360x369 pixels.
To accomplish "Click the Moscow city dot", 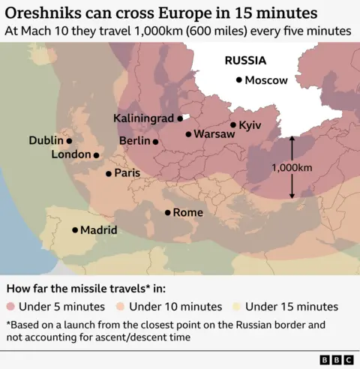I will coord(238,79).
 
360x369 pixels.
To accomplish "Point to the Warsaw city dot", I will coord(189,134).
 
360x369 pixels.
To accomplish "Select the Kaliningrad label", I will coord(143,118).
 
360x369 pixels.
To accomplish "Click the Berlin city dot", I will coord(155,141).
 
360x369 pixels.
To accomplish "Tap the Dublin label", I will coord(46,139).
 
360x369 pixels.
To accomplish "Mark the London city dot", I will coord(96,155).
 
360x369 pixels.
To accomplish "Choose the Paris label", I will coord(127,173).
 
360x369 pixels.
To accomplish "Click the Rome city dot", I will coord(167,212).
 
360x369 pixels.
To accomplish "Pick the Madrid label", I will coord(98,230).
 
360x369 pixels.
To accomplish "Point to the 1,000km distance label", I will coord(292,168).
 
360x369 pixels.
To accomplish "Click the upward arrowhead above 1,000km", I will coord(292,139).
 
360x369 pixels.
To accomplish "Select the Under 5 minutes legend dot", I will coord(10,306).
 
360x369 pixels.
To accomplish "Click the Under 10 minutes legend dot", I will coord(121,306).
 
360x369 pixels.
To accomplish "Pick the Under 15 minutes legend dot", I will coord(236,306).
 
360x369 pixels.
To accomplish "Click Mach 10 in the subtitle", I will coord(42,31).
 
